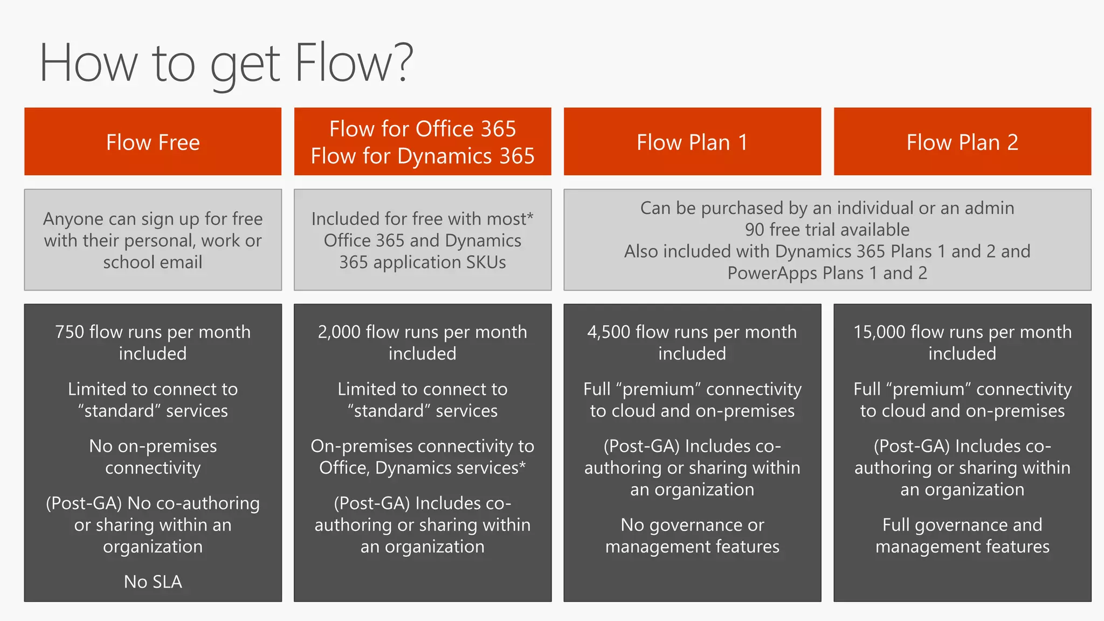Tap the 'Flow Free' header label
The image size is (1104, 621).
(153, 142)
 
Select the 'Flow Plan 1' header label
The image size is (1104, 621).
(692, 142)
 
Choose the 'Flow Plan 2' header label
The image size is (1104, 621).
(962, 142)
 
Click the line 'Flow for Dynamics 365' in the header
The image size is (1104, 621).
(423, 156)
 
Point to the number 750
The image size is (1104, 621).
(70, 332)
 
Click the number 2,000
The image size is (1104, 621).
(339, 332)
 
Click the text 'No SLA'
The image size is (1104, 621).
(153, 582)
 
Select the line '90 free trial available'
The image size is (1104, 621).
(827, 230)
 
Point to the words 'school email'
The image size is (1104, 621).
(153, 263)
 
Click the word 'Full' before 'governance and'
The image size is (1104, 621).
(896, 525)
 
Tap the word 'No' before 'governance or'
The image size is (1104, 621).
(632, 525)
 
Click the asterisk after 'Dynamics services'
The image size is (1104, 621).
(522, 464)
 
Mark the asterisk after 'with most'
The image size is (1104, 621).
(530, 215)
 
